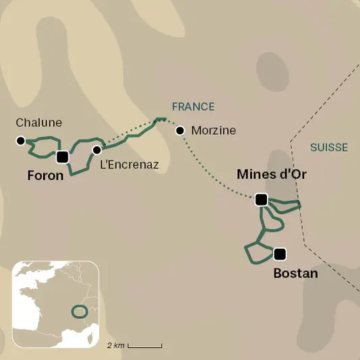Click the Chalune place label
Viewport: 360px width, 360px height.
38,123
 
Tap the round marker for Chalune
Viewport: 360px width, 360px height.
20,141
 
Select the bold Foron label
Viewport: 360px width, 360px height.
46,176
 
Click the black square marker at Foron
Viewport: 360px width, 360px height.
63,157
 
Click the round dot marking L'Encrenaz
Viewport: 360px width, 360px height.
97,150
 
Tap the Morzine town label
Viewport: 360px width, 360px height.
214,131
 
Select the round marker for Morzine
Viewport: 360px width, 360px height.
180,131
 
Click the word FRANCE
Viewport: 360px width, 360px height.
193,107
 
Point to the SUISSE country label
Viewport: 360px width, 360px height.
329,148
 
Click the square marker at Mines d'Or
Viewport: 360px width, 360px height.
262,200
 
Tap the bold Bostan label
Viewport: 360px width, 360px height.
295,274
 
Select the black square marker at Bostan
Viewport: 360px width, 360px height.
280,253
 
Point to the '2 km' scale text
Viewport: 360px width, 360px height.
115,345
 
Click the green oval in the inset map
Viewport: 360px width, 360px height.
80,311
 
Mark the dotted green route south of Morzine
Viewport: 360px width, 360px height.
209,173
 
